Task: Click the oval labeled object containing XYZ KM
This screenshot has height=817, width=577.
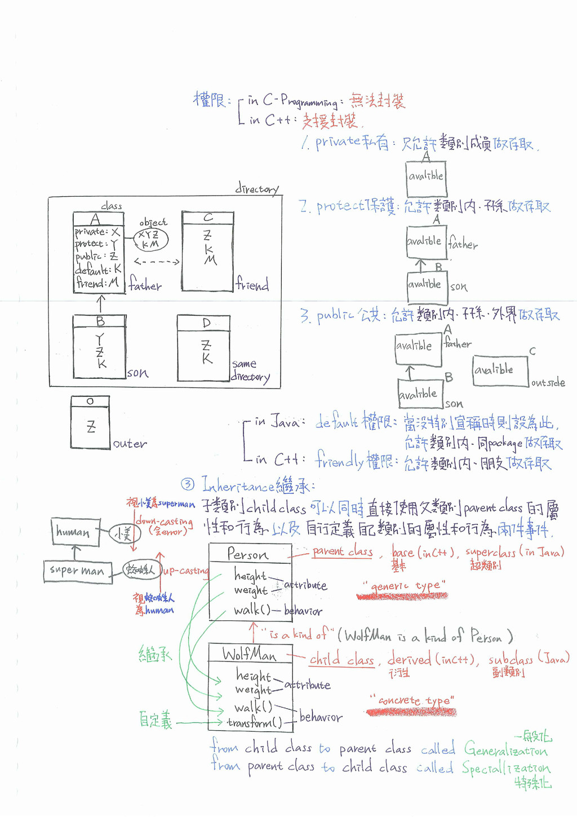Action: (x=150, y=239)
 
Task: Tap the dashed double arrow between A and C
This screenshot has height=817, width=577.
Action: (x=157, y=262)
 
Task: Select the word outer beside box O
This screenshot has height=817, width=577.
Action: (x=130, y=444)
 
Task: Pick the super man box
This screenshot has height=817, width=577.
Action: (x=77, y=571)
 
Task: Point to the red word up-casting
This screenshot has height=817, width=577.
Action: (x=186, y=571)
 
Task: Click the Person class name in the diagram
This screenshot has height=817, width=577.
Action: (x=248, y=554)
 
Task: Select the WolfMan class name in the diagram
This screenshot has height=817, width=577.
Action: (x=249, y=654)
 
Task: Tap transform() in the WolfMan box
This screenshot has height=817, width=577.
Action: (x=254, y=722)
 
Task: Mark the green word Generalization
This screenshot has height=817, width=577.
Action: (x=505, y=750)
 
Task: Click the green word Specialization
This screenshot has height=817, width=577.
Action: (x=505, y=769)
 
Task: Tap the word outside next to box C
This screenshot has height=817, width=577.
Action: (x=548, y=383)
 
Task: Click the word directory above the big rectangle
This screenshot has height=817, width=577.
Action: (x=256, y=189)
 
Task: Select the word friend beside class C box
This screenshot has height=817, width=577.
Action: (x=252, y=285)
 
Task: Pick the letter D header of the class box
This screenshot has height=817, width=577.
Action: (x=206, y=323)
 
